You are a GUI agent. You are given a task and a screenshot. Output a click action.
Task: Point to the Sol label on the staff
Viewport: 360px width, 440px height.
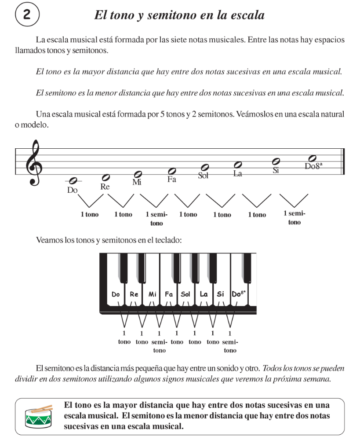203,176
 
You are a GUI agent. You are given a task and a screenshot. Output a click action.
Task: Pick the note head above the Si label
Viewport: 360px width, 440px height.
276,161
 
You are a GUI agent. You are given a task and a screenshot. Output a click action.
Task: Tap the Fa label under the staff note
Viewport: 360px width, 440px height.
171,180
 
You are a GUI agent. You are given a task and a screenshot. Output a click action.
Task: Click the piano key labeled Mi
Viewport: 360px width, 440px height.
152,294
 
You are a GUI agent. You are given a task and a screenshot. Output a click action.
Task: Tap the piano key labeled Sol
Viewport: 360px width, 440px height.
185,294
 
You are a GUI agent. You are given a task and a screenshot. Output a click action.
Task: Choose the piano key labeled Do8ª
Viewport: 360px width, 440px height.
239,294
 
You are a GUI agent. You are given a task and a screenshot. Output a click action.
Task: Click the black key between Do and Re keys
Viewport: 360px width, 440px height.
124,268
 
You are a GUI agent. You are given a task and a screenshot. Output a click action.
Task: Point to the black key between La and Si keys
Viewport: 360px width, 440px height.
211,268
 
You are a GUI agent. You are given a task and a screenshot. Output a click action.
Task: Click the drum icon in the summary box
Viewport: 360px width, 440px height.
39,415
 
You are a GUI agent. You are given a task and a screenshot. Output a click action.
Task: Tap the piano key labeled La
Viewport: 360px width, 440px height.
204,294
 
